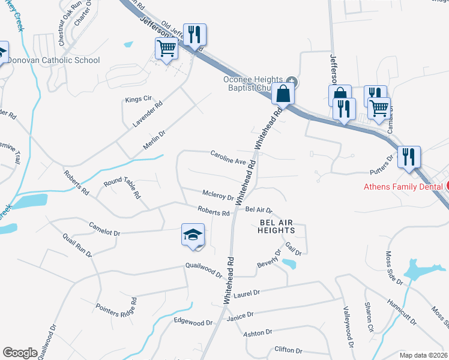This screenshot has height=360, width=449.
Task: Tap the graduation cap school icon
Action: pos(193,235)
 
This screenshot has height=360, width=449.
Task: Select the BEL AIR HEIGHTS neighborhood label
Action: pos(277,226)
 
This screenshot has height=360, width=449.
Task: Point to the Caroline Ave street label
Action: pos(229,158)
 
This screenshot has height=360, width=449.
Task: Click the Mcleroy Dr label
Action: pos(218,196)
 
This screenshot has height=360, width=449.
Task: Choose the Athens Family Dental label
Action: pos(403,186)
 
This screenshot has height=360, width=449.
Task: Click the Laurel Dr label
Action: pos(247,293)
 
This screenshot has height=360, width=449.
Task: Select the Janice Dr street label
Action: pos(240,314)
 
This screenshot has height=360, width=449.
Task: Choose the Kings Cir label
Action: pos(135,99)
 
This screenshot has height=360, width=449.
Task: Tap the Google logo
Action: pos(20,353)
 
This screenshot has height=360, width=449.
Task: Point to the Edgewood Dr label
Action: pos(193,322)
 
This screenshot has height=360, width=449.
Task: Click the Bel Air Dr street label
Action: pos(259,210)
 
